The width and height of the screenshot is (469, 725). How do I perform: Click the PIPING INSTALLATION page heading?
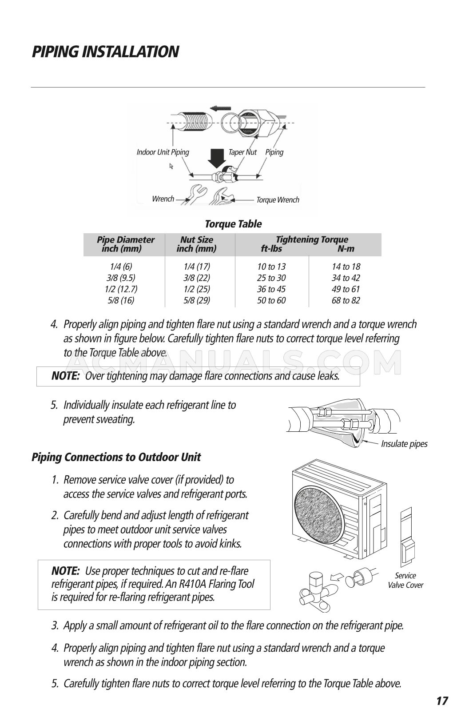point(105,52)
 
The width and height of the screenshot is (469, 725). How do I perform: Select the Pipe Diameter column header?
point(126,244)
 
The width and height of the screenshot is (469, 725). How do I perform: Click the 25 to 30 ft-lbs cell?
point(271,278)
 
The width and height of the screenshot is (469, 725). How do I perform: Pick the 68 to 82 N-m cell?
point(346,300)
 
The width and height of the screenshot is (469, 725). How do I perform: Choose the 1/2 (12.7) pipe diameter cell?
point(121,289)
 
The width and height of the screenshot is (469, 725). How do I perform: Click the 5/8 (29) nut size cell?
point(196,300)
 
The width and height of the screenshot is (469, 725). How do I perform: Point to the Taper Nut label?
point(242,152)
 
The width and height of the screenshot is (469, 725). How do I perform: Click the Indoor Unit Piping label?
point(163,152)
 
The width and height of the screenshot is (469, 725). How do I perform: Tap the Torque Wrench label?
point(278,200)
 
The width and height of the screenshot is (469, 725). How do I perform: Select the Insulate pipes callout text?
point(404,444)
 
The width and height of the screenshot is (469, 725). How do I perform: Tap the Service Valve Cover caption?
point(405,580)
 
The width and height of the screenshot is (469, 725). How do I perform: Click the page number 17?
point(441,701)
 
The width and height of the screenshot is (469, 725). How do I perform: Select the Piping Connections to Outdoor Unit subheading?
point(116,457)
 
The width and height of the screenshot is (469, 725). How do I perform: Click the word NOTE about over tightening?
point(65,376)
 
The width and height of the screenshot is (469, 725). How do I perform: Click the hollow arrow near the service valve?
point(339,577)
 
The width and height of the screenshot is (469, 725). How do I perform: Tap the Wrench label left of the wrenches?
point(163,199)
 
